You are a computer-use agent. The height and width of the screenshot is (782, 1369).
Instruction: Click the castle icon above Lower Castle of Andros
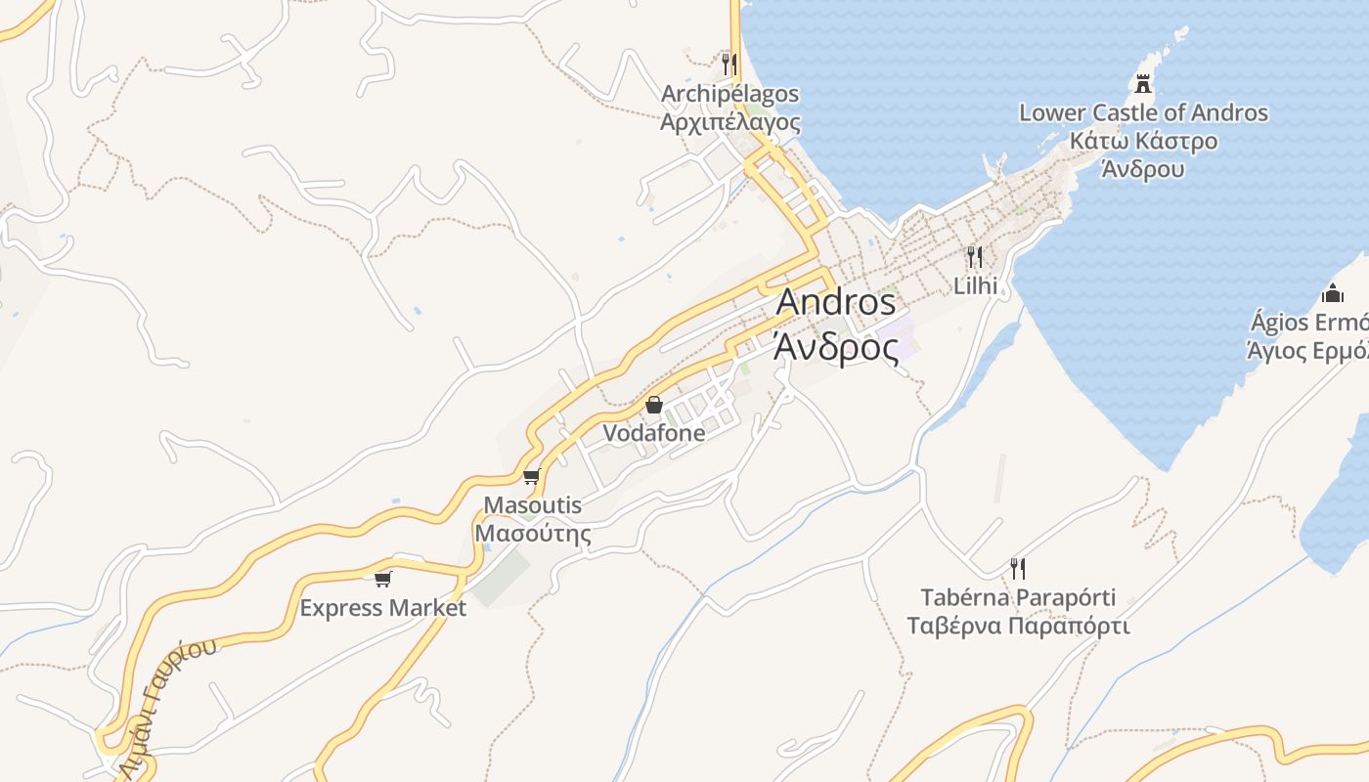coord(1142,84)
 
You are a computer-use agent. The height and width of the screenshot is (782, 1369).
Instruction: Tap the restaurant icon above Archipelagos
coord(729,65)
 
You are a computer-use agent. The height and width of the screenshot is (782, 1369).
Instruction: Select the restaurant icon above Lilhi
coord(974,257)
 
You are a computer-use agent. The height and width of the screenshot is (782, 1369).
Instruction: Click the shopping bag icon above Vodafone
coord(654,405)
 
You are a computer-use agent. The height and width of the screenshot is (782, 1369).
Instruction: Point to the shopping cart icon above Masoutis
coord(531,477)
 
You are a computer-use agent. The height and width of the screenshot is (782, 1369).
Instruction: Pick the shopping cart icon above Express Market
coord(382,579)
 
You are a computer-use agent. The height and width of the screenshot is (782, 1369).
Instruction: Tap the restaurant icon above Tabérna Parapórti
coord(1018,568)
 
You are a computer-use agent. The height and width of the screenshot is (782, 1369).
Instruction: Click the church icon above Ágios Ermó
coord(1332,293)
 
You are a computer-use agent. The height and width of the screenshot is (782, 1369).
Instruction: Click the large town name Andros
coord(835,303)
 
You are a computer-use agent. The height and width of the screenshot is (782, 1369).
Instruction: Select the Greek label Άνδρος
coord(835,347)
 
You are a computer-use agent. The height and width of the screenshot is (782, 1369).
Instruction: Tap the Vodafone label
coord(653,433)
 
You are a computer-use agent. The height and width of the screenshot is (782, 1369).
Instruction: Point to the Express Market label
coord(382,608)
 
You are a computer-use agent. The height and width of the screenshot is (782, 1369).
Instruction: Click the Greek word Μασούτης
coord(533,534)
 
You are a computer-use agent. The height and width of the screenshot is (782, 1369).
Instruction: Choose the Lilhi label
coord(976,285)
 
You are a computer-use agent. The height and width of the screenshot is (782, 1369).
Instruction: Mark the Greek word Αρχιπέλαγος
coord(729,122)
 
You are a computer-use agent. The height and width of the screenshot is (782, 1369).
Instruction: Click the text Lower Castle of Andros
coord(1143,112)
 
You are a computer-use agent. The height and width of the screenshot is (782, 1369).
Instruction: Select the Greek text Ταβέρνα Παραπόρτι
coord(1018,626)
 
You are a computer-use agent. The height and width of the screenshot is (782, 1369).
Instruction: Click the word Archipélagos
coord(729,94)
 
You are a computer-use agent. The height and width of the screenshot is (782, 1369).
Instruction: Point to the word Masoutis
coord(533,505)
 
